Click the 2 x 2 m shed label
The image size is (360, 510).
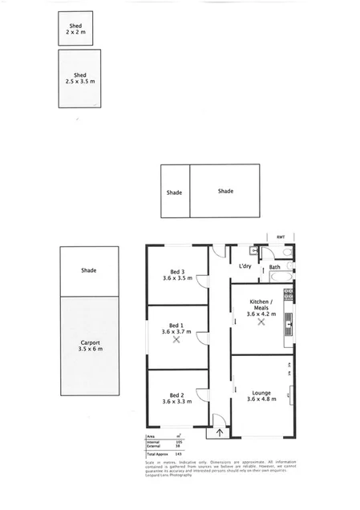[76, 29]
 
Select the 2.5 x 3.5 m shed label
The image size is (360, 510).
[79, 78]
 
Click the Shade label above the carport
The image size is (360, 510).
[88, 270]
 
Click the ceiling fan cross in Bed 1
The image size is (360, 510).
[177, 339]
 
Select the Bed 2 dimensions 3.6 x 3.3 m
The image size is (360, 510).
[177, 401]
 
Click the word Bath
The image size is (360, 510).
[274, 267]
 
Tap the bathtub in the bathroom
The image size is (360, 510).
[280, 277]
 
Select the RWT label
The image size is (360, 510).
[281, 237]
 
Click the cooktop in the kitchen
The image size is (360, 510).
[289, 293]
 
